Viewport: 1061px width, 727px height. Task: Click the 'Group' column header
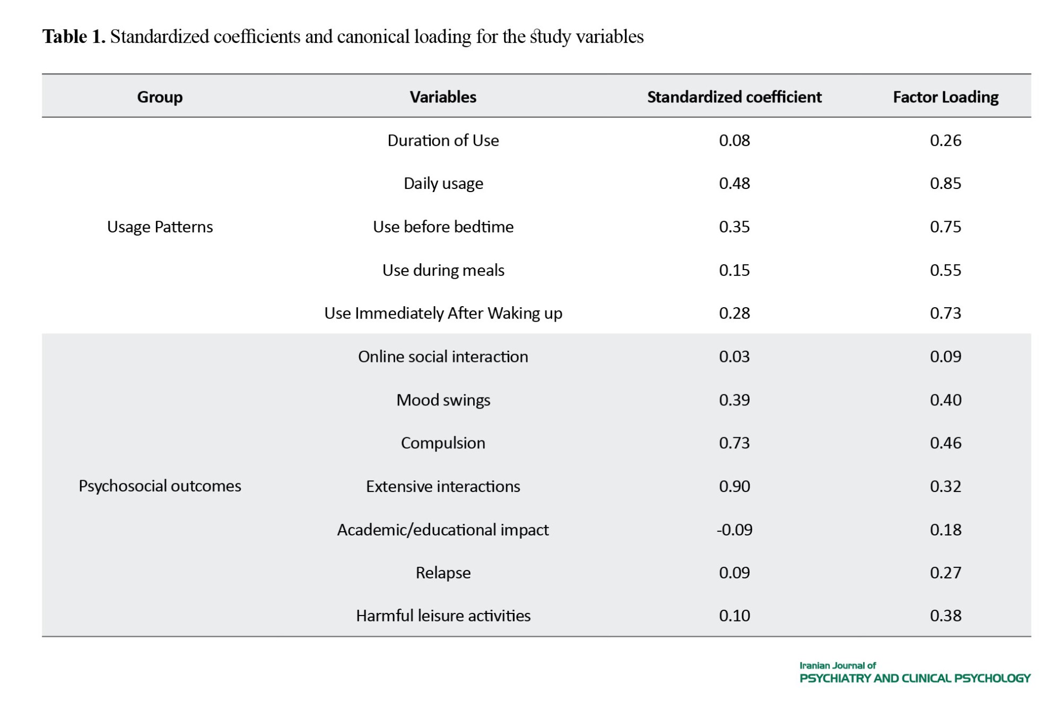tap(160, 97)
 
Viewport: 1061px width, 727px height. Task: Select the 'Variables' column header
tap(443, 97)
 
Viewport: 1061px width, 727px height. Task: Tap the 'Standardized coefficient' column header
tap(734, 97)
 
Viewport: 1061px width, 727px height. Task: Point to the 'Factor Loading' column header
tap(945, 97)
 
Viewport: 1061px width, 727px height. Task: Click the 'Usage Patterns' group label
tap(160, 227)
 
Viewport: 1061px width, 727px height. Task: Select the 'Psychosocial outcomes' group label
tap(160, 486)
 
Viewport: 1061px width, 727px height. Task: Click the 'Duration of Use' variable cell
tap(443, 140)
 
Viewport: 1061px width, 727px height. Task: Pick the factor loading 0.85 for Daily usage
tap(945, 183)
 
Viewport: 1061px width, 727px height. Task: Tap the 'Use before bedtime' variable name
tap(443, 227)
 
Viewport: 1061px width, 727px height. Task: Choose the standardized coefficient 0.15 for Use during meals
tap(734, 270)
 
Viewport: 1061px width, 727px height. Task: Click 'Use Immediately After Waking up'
tap(443, 313)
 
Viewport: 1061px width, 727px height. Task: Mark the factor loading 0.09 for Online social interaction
tap(945, 356)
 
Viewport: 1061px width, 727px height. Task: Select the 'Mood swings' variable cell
tap(443, 400)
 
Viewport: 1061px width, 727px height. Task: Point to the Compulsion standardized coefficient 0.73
tap(734, 443)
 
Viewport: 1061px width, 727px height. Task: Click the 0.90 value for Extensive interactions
tap(734, 486)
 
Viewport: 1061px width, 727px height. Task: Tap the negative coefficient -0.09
tap(734, 530)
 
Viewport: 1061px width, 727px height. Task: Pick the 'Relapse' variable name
tap(443, 573)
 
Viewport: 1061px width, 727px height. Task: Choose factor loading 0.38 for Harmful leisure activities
tap(945, 616)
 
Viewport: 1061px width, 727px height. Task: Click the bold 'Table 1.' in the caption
tap(74, 37)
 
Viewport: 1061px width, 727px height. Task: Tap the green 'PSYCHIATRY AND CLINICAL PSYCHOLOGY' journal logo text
tap(915, 678)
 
